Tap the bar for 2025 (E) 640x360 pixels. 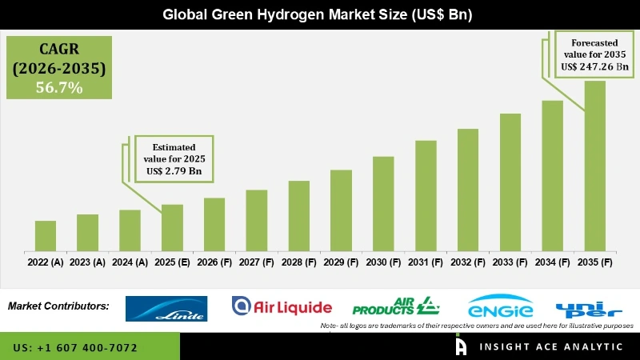click(172, 228)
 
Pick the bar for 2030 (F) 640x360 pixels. click(383, 204)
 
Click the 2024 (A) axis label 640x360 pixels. click(130, 262)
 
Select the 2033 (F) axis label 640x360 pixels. click(510, 262)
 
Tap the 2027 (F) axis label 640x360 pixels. click(257, 262)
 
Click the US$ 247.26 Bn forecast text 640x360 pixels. click(594, 68)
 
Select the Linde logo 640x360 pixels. click(166, 309)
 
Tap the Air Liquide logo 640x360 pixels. click(281, 306)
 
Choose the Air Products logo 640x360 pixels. click(396, 306)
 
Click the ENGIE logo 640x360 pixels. click(501, 307)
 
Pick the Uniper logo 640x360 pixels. click(588, 308)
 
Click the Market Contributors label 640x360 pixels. click(58, 306)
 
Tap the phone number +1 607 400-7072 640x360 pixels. click(75, 348)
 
